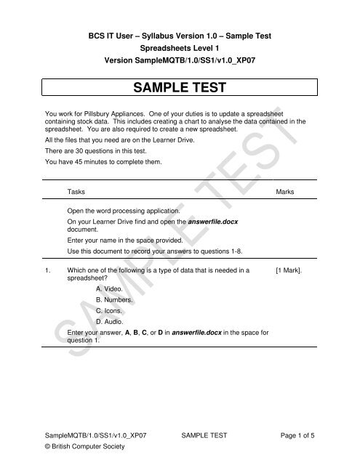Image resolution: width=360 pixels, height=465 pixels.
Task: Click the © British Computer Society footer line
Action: click(x=86, y=448)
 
